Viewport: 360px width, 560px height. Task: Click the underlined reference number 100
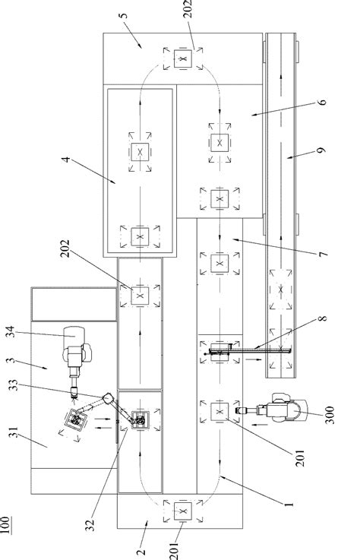(5, 524)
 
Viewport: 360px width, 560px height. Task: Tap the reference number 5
(124, 16)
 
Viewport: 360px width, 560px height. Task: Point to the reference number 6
(322, 102)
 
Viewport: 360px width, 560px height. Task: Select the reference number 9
(322, 150)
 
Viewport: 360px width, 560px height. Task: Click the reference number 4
(66, 159)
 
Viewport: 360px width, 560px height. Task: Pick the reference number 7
(324, 254)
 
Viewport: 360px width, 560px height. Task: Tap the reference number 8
(322, 318)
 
